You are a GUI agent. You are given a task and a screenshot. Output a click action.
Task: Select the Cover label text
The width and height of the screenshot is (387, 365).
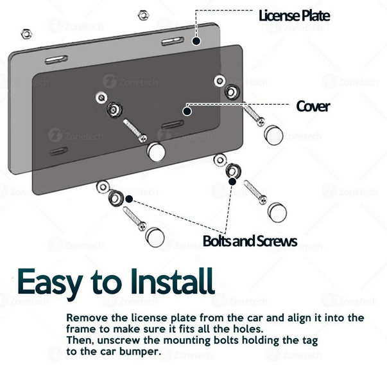[x=313, y=106]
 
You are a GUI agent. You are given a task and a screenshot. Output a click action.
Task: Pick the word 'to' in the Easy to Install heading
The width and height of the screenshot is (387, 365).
[x=107, y=283]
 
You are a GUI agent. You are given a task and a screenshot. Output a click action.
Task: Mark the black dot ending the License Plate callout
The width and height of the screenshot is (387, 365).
[x=196, y=41]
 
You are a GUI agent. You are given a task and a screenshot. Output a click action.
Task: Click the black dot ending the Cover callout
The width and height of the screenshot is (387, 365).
[x=187, y=111]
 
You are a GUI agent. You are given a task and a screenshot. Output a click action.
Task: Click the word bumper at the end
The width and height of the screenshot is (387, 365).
[x=140, y=352]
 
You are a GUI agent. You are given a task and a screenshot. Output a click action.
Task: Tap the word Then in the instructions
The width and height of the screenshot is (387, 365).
[x=80, y=341]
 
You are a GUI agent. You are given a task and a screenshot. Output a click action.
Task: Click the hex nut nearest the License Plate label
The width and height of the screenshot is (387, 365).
[x=143, y=15]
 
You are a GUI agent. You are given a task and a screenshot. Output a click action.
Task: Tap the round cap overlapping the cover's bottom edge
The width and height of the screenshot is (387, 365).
[x=156, y=152]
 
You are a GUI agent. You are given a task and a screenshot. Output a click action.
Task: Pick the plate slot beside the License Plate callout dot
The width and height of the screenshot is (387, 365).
[x=173, y=41]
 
